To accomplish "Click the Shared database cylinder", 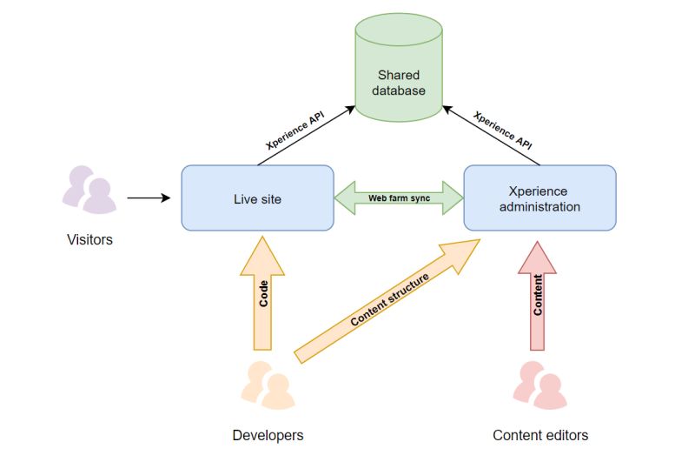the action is pos(399,68).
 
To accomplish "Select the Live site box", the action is pos(257,198).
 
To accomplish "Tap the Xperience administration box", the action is pos(539,198).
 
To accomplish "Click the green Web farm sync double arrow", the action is pos(399,198).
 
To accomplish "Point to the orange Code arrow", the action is pos(262,293).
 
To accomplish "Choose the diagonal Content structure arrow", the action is pos(387,301).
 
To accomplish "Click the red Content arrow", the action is pos(537,296).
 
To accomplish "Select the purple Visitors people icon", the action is pos(89,190).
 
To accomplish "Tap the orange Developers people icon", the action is pos(268,385).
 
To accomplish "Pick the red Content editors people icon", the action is pos(539,385).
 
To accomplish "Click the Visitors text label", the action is pos(90,239).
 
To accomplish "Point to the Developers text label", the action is pos(268,435).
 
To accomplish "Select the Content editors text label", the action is pos(540,435).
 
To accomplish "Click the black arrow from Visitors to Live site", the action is pos(149,198).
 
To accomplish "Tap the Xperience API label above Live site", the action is pos(295,131).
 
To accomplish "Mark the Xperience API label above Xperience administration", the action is pos(502,131).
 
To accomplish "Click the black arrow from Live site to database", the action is pos(307,136).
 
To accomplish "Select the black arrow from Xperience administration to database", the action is pos(491,136).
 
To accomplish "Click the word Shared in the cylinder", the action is pos(399,75).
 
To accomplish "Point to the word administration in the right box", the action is pos(539,207).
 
